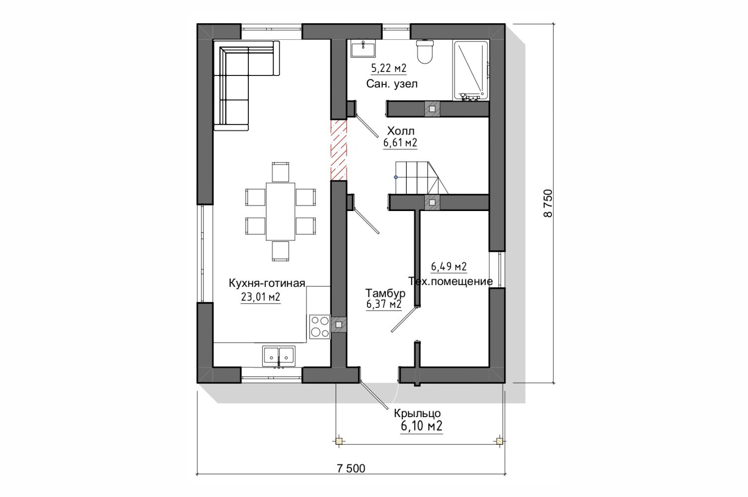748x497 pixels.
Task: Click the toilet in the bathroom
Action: click(425, 52)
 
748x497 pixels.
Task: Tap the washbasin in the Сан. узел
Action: click(363, 48)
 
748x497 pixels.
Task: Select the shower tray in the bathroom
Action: click(471, 70)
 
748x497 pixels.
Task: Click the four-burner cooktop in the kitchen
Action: click(319, 327)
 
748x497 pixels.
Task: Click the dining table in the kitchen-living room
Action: click(281, 212)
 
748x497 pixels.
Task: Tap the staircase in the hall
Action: click(422, 178)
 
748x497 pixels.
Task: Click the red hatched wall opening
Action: click(339, 150)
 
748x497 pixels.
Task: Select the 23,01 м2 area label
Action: click(260, 297)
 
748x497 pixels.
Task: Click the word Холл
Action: click(400, 131)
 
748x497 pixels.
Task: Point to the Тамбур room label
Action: click(385, 293)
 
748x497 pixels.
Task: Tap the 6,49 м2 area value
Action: click(449, 266)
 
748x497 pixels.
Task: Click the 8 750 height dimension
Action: click(548, 203)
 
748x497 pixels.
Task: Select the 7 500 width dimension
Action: click(351, 469)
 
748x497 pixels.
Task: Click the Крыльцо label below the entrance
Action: click(417, 413)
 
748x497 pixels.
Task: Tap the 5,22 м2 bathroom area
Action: click(389, 69)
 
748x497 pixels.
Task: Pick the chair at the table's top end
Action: click(281, 172)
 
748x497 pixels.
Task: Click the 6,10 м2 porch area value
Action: click(421, 426)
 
